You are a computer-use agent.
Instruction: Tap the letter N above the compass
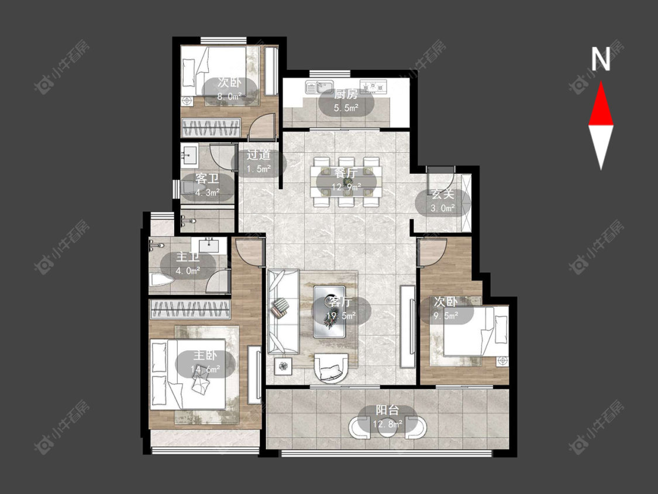pyautogui.click(x=601, y=59)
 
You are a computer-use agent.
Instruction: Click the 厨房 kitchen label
pyautogui.click(x=346, y=95)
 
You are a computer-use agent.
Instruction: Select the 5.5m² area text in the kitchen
pyautogui.click(x=346, y=108)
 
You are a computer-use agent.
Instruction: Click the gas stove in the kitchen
pyautogui.click(x=373, y=86)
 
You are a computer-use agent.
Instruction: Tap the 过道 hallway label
pyautogui.click(x=258, y=155)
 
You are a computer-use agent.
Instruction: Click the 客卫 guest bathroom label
pyautogui.click(x=207, y=179)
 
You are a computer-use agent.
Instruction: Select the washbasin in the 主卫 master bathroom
pyautogui.click(x=209, y=245)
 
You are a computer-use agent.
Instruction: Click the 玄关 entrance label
pyautogui.click(x=443, y=194)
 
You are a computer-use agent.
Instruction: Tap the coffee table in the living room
pyautogui.click(x=329, y=311)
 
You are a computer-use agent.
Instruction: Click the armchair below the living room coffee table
pyautogui.click(x=331, y=368)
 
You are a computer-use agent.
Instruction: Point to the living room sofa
pyautogui.click(x=283, y=311)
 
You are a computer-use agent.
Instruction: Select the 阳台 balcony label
pyautogui.click(x=387, y=410)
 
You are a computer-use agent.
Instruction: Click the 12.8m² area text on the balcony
pyautogui.click(x=387, y=424)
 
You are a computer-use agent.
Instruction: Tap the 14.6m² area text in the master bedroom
pyautogui.click(x=205, y=369)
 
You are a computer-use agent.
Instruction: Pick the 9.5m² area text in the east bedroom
pyautogui.click(x=446, y=315)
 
